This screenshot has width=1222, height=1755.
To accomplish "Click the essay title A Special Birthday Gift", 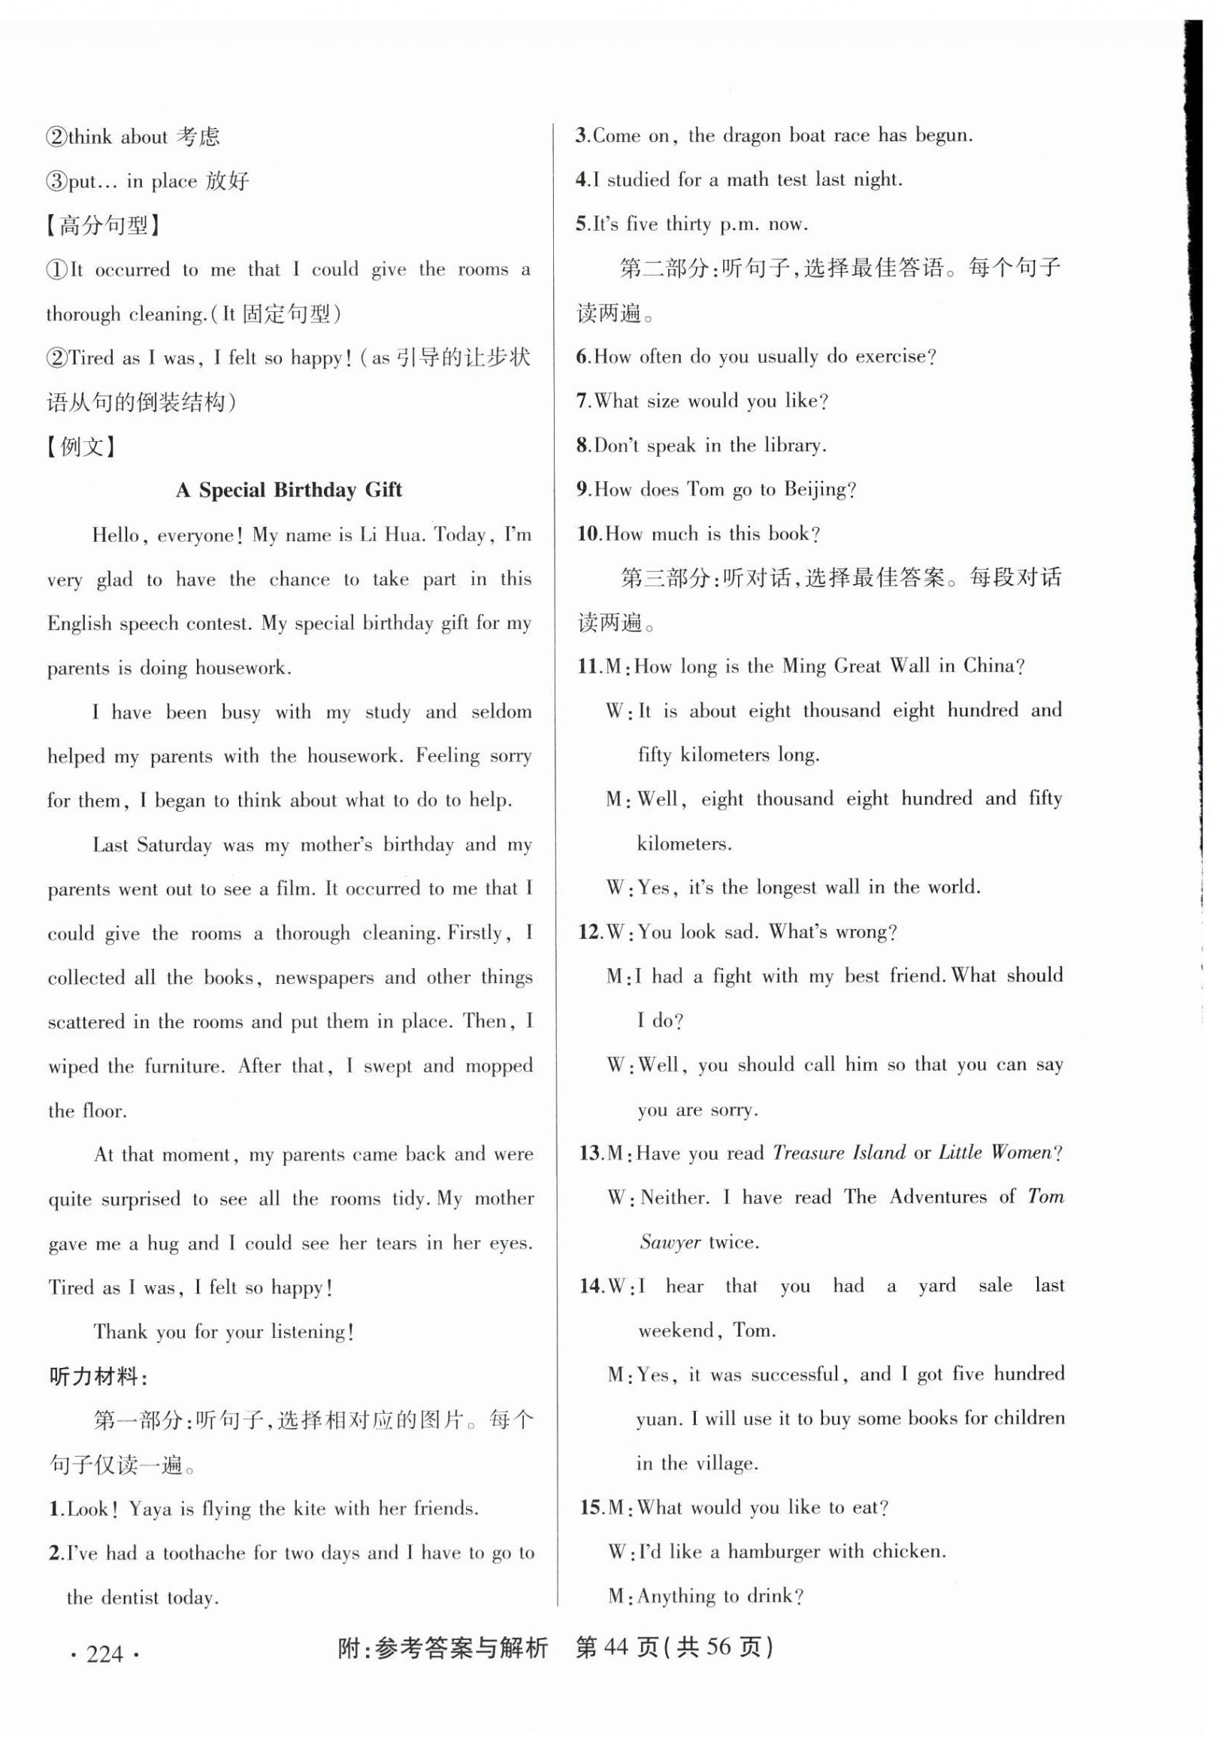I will pyautogui.click(x=289, y=490).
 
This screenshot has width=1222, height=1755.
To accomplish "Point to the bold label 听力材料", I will pyautogui.click(x=96, y=1377).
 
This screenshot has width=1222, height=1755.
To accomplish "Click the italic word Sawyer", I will pyautogui.click(x=670, y=1242).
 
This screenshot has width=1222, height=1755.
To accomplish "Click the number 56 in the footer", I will pyautogui.click(x=718, y=1648).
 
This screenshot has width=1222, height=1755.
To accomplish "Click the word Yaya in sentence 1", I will pyautogui.click(x=150, y=1509).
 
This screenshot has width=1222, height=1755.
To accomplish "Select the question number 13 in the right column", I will pyautogui.click(x=590, y=1153).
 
